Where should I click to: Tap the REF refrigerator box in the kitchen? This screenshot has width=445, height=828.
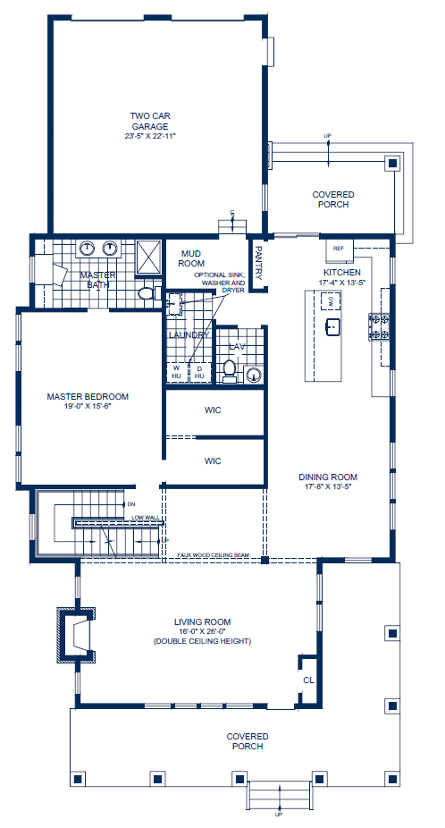pos(339,248)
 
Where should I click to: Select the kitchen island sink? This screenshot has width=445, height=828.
pos(332,327)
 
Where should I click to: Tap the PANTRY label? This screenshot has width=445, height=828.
pos(258,263)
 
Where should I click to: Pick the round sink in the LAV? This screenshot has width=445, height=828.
pos(254,376)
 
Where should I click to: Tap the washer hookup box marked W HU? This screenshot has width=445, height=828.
pos(176,371)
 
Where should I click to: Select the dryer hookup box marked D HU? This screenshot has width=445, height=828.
pos(199,371)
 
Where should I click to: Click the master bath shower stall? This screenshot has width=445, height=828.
pos(147,253)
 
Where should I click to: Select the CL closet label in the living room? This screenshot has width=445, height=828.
pos(309,680)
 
